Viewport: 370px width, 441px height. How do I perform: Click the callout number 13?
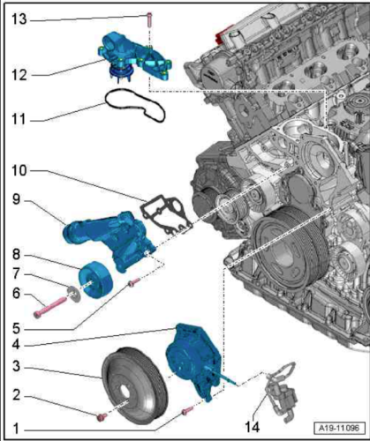[19, 19]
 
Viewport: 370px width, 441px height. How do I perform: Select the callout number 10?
[19, 170]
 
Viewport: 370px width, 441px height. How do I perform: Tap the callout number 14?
[253, 427]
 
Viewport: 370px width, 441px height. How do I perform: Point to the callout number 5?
[16, 329]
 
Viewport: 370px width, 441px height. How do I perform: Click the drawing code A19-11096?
[339, 428]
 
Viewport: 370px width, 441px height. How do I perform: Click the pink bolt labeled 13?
[149, 19]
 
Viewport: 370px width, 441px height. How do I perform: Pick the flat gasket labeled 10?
[165, 214]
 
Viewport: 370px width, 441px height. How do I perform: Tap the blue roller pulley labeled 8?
[95, 280]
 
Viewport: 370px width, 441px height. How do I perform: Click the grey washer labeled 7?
[74, 295]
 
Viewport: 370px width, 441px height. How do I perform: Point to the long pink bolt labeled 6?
[50, 307]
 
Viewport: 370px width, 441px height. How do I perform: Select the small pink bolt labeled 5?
[133, 283]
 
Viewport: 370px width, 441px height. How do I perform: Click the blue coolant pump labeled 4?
[194, 363]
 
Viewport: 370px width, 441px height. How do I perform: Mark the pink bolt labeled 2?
[102, 417]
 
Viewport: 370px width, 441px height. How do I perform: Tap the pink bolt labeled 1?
[187, 411]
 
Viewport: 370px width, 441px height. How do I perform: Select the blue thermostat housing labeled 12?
[134, 59]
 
